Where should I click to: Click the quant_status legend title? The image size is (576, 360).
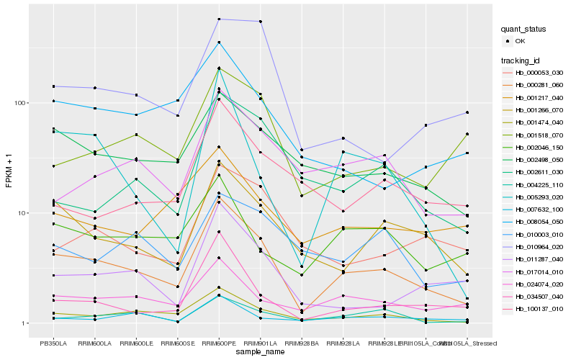tap(525, 30)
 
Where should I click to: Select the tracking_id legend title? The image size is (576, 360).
tap(523, 60)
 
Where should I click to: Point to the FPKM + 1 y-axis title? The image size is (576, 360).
tap(9, 170)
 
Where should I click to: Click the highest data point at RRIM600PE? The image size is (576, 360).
tap(219, 19)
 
